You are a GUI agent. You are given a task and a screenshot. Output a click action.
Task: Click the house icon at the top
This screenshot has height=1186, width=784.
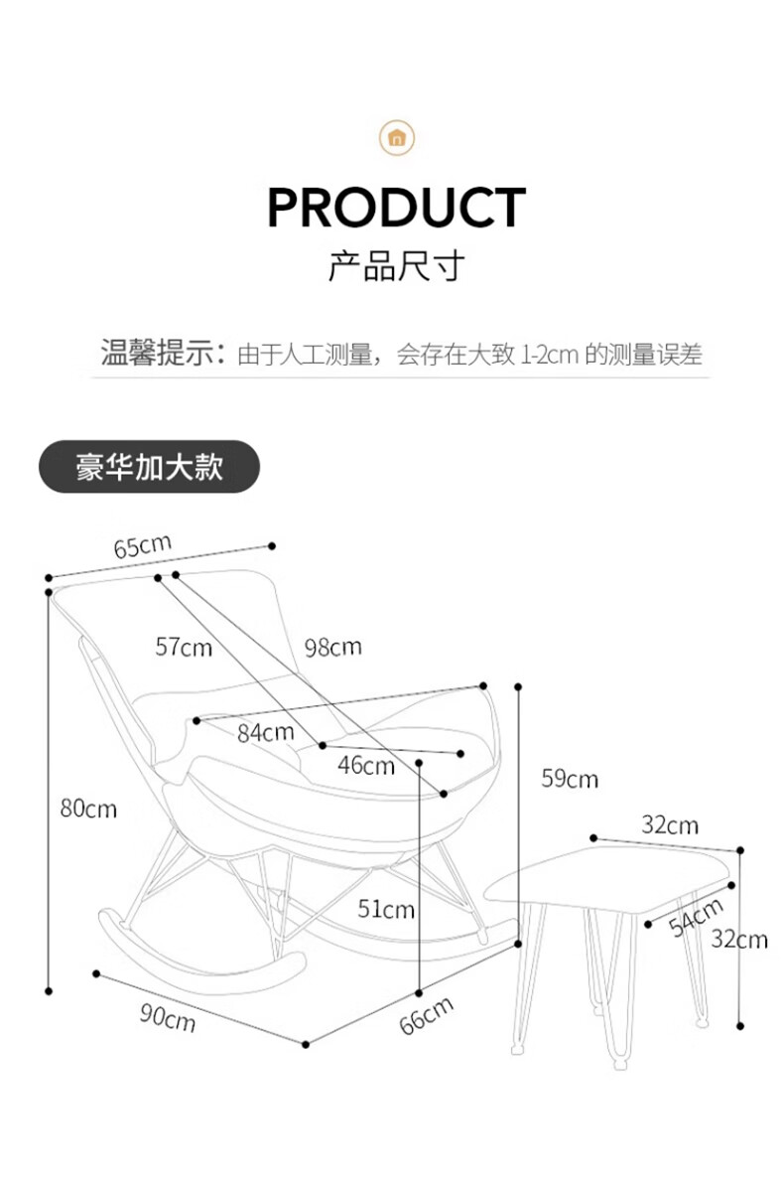pyautogui.click(x=397, y=137)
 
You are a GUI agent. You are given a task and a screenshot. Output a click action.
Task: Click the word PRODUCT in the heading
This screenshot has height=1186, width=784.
pyautogui.click(x=396, y=208)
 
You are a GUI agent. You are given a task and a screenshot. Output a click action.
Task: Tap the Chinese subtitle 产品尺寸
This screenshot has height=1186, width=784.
pyautogui.click(x=396, y=266)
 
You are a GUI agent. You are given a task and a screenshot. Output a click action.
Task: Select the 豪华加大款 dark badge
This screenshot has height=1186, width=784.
pyautogui.click(x=149, y=467)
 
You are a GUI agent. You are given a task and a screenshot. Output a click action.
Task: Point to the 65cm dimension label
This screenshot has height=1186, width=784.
pyautogui.click(x=142, y=547)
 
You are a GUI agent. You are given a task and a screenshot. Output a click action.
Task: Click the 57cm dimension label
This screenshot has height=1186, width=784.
pyautogui.click(x=184, y=647)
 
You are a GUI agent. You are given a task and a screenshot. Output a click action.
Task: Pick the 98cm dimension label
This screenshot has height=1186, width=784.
pyautogui.click(x=332, y=648)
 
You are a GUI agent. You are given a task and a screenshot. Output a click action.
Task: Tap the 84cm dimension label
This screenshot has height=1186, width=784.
pyautogui.click(x=265, y=733)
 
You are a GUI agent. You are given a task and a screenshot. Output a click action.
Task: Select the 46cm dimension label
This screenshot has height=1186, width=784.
pyautogui.click(x=365, y=766)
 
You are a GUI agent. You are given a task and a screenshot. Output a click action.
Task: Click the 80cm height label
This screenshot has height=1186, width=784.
pyautogui.click(x=88, y=809)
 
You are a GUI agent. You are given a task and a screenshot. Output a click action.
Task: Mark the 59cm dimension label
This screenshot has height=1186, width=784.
pyautogui.click(x=570, y=779)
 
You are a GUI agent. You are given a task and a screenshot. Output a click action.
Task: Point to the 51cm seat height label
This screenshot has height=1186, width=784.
pyautogui.click(x=386, y=908)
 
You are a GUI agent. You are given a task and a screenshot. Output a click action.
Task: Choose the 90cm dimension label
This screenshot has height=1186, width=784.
pyautogui.click(x=167, y=1017)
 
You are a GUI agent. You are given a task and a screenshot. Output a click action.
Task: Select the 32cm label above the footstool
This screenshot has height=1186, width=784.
pyautogui.click(x=669, y=825)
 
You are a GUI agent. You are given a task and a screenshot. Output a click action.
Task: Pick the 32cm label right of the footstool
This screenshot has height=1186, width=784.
pyautogui.click(x=739, y=938)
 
